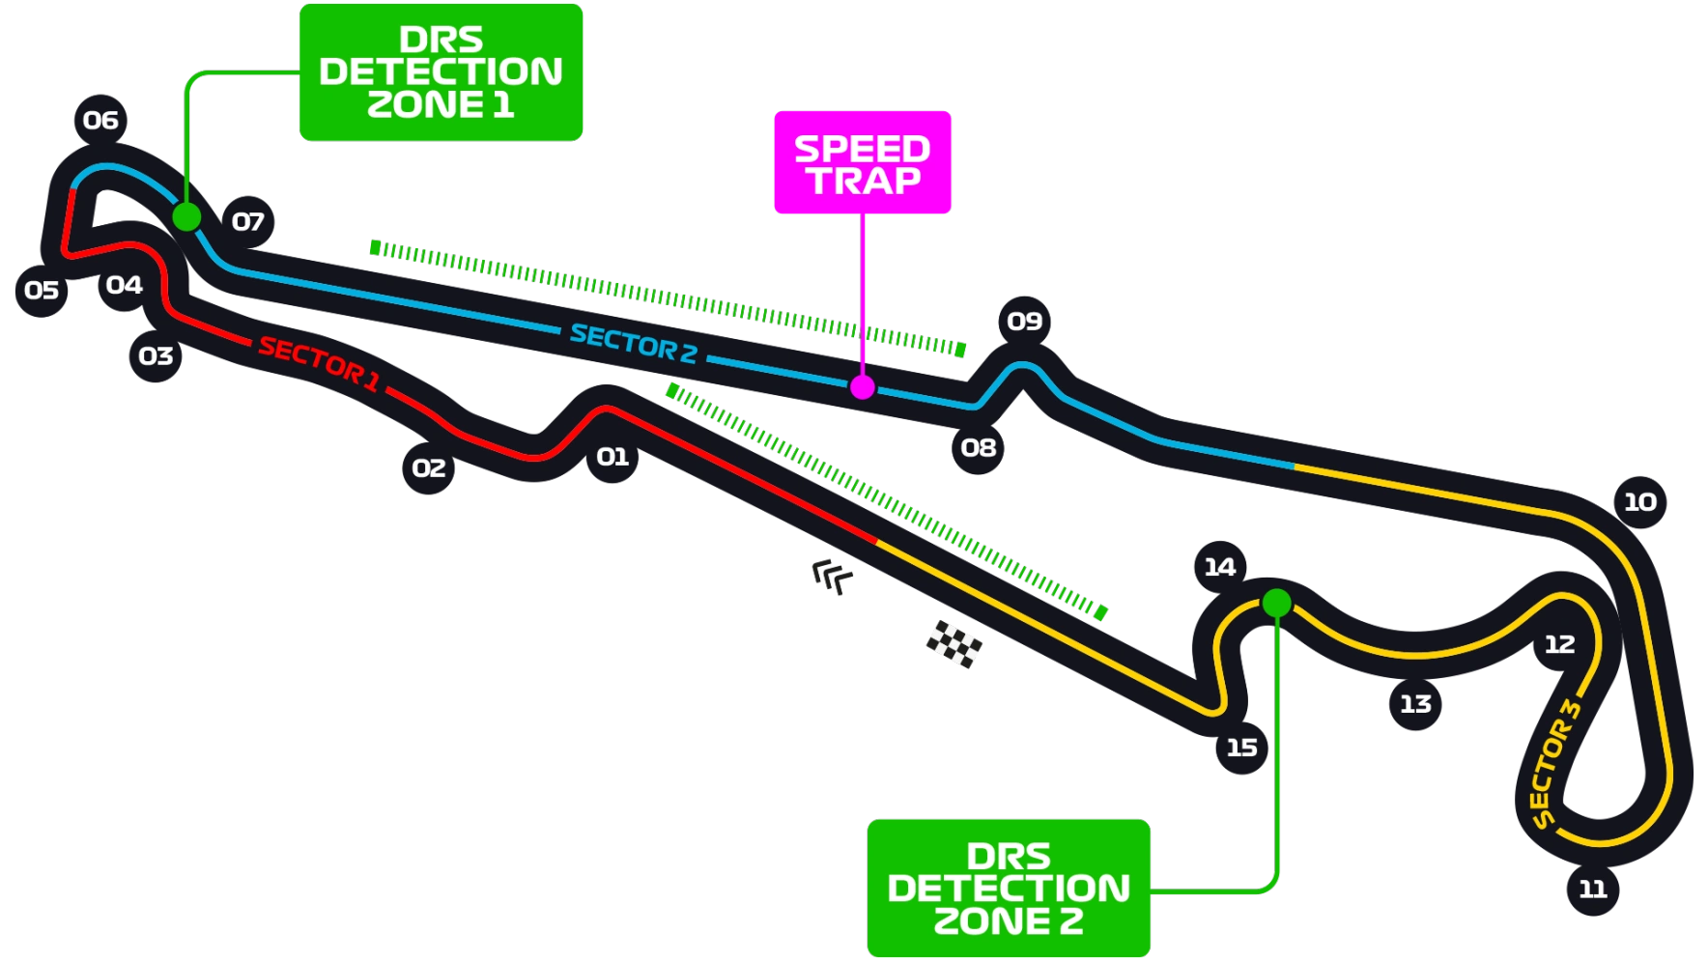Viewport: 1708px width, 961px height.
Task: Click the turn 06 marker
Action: click(x=100, y=121)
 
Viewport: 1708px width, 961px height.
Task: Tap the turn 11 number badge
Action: click(x=1592, y=889)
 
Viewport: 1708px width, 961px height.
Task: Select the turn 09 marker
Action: click(x=1024, y=322)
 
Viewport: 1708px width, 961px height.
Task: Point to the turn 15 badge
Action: click(x=1241, y=748)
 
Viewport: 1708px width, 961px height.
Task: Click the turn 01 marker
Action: click(x=612, y=457)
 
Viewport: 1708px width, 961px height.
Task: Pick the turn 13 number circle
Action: click(x=1415, y=704)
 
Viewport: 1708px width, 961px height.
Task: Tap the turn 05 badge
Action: click(x=42, y=291)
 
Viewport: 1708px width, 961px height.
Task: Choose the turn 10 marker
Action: click(x=1639, y=502)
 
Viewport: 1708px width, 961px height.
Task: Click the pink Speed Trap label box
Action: click(x=863, y=162)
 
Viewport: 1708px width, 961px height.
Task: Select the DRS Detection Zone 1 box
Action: click(x=441, y=72)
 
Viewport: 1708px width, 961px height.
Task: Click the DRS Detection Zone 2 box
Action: click(x=1009, y=889)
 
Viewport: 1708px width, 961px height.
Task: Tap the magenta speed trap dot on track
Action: click(x=862, y=387)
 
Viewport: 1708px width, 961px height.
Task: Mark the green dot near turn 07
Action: click(x=186, y=216)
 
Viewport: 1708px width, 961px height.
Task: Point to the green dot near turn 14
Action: click(x=1276, y=604)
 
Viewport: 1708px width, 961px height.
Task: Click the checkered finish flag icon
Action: click(x=954, y=643)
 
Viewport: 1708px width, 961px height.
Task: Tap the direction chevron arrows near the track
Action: click(x=832, y=577)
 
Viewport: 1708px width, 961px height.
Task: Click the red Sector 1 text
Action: click(x=319, y=364)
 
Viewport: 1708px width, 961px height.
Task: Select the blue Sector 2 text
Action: click(x=634, y=343)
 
